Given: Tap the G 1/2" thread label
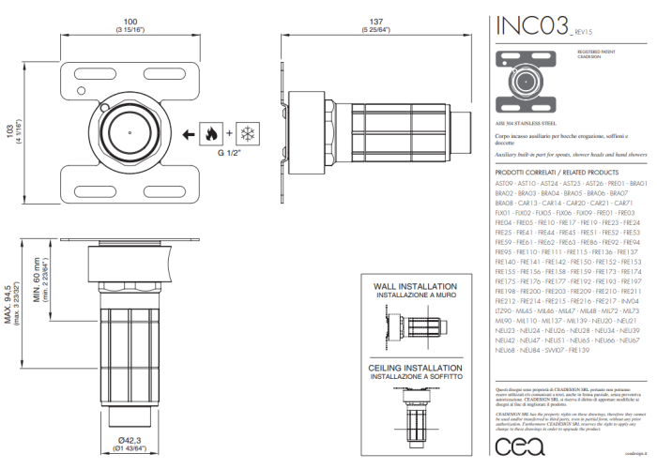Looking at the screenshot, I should (228, 152).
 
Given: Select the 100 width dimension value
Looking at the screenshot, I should (131, 20).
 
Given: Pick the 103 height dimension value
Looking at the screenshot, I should (10, 131).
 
